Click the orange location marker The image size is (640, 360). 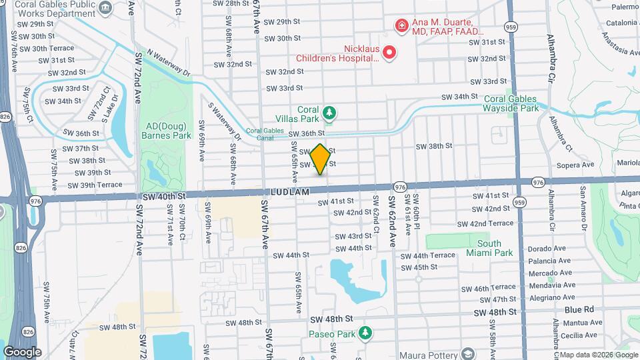pyautogui.click(x=320, y=159)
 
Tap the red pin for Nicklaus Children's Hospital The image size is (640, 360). pyautogui.click(x=388, y=52)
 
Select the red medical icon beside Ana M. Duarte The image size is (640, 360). pyautogui.click(x=401, y=26)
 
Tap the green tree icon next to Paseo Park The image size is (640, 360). pyautogui.click(x=364, y=332)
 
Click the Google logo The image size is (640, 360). pyautogui.click(x=22, y=352)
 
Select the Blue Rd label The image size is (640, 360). pyautogui.click(x=579, y=310)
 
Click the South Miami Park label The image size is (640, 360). pyautogui.click(x=495, y=248)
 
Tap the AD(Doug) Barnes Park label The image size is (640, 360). pyautogui.click(x=166, y=130)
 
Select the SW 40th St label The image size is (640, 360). pyautogui.click(x=163, y=196)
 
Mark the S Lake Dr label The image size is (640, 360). pyautogui.click(x=110, y=107)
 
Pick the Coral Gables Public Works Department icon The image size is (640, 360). pyautogui.click(x=105, y=7)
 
